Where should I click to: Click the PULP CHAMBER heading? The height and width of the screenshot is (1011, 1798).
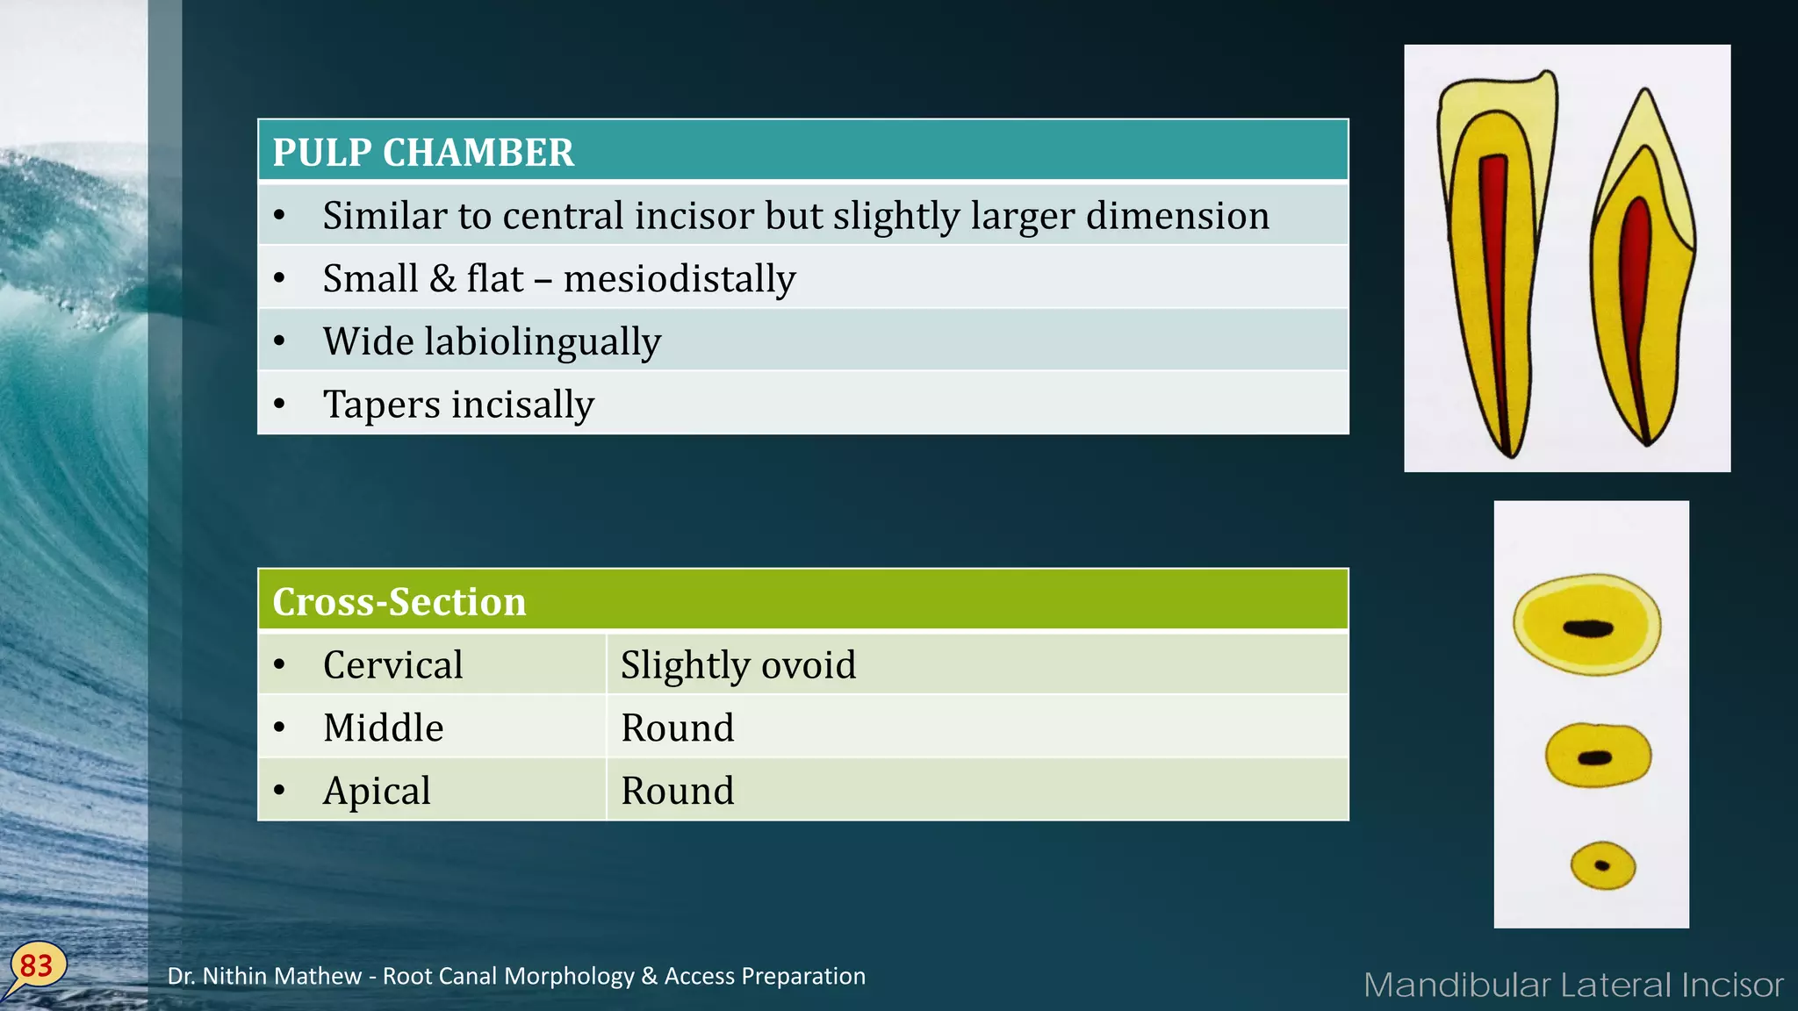pyautogui.click(x=423, y=153)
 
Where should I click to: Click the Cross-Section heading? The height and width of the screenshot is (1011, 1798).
pyautogui.click(x=399, y=602)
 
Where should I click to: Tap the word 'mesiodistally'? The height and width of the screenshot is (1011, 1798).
pyautogui.click(x=680, y=279)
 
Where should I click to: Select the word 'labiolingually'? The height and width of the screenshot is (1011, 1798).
pyautogui.click(x=542, y=342)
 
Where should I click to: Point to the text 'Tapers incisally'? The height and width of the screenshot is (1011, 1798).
pyautogui.click(x=458, y=405)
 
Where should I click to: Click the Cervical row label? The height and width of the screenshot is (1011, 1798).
pyautogui.click(x=392, y=665)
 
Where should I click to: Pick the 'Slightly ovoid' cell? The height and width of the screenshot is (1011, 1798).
pyautogui.click(x=737, y=665)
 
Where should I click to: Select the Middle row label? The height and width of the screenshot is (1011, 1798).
pyautogui.click(x=383, y=728)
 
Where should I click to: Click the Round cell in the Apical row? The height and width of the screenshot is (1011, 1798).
pyautogui.click(x=677, y=791)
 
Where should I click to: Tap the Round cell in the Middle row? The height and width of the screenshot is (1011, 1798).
pyautogui.click(x=677, y=728)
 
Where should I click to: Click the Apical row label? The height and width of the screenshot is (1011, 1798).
pyautogui.click(x=377, y=791)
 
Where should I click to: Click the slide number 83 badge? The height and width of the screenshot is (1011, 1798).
pyautogui.click(x=37, y=966)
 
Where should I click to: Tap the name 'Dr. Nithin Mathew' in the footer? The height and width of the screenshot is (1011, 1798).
pyautogui.click(x=264, y=976)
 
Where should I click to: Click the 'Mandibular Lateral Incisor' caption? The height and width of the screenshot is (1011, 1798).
pyautogui.click(x=1573, y=986)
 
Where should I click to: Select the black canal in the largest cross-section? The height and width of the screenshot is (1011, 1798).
pyautogui.click(x=1588, y=627)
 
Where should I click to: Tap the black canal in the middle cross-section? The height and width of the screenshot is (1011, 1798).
pyautogui.click(x=1595, y=758)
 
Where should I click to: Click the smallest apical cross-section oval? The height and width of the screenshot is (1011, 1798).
pyautogui.click(x=1603, y=866)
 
